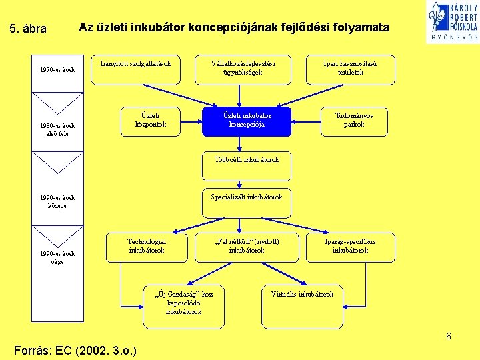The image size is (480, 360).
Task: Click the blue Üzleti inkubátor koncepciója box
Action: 247,121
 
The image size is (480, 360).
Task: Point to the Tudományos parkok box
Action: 354,121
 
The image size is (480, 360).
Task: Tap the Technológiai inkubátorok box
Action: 146,247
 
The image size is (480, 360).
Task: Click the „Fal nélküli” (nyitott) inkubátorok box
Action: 246,247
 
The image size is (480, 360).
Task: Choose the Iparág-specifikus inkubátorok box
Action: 350,247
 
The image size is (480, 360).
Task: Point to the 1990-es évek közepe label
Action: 57,202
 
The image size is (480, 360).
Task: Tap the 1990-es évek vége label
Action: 57,257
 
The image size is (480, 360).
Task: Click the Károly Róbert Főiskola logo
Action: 453,22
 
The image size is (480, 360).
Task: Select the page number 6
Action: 449,337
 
